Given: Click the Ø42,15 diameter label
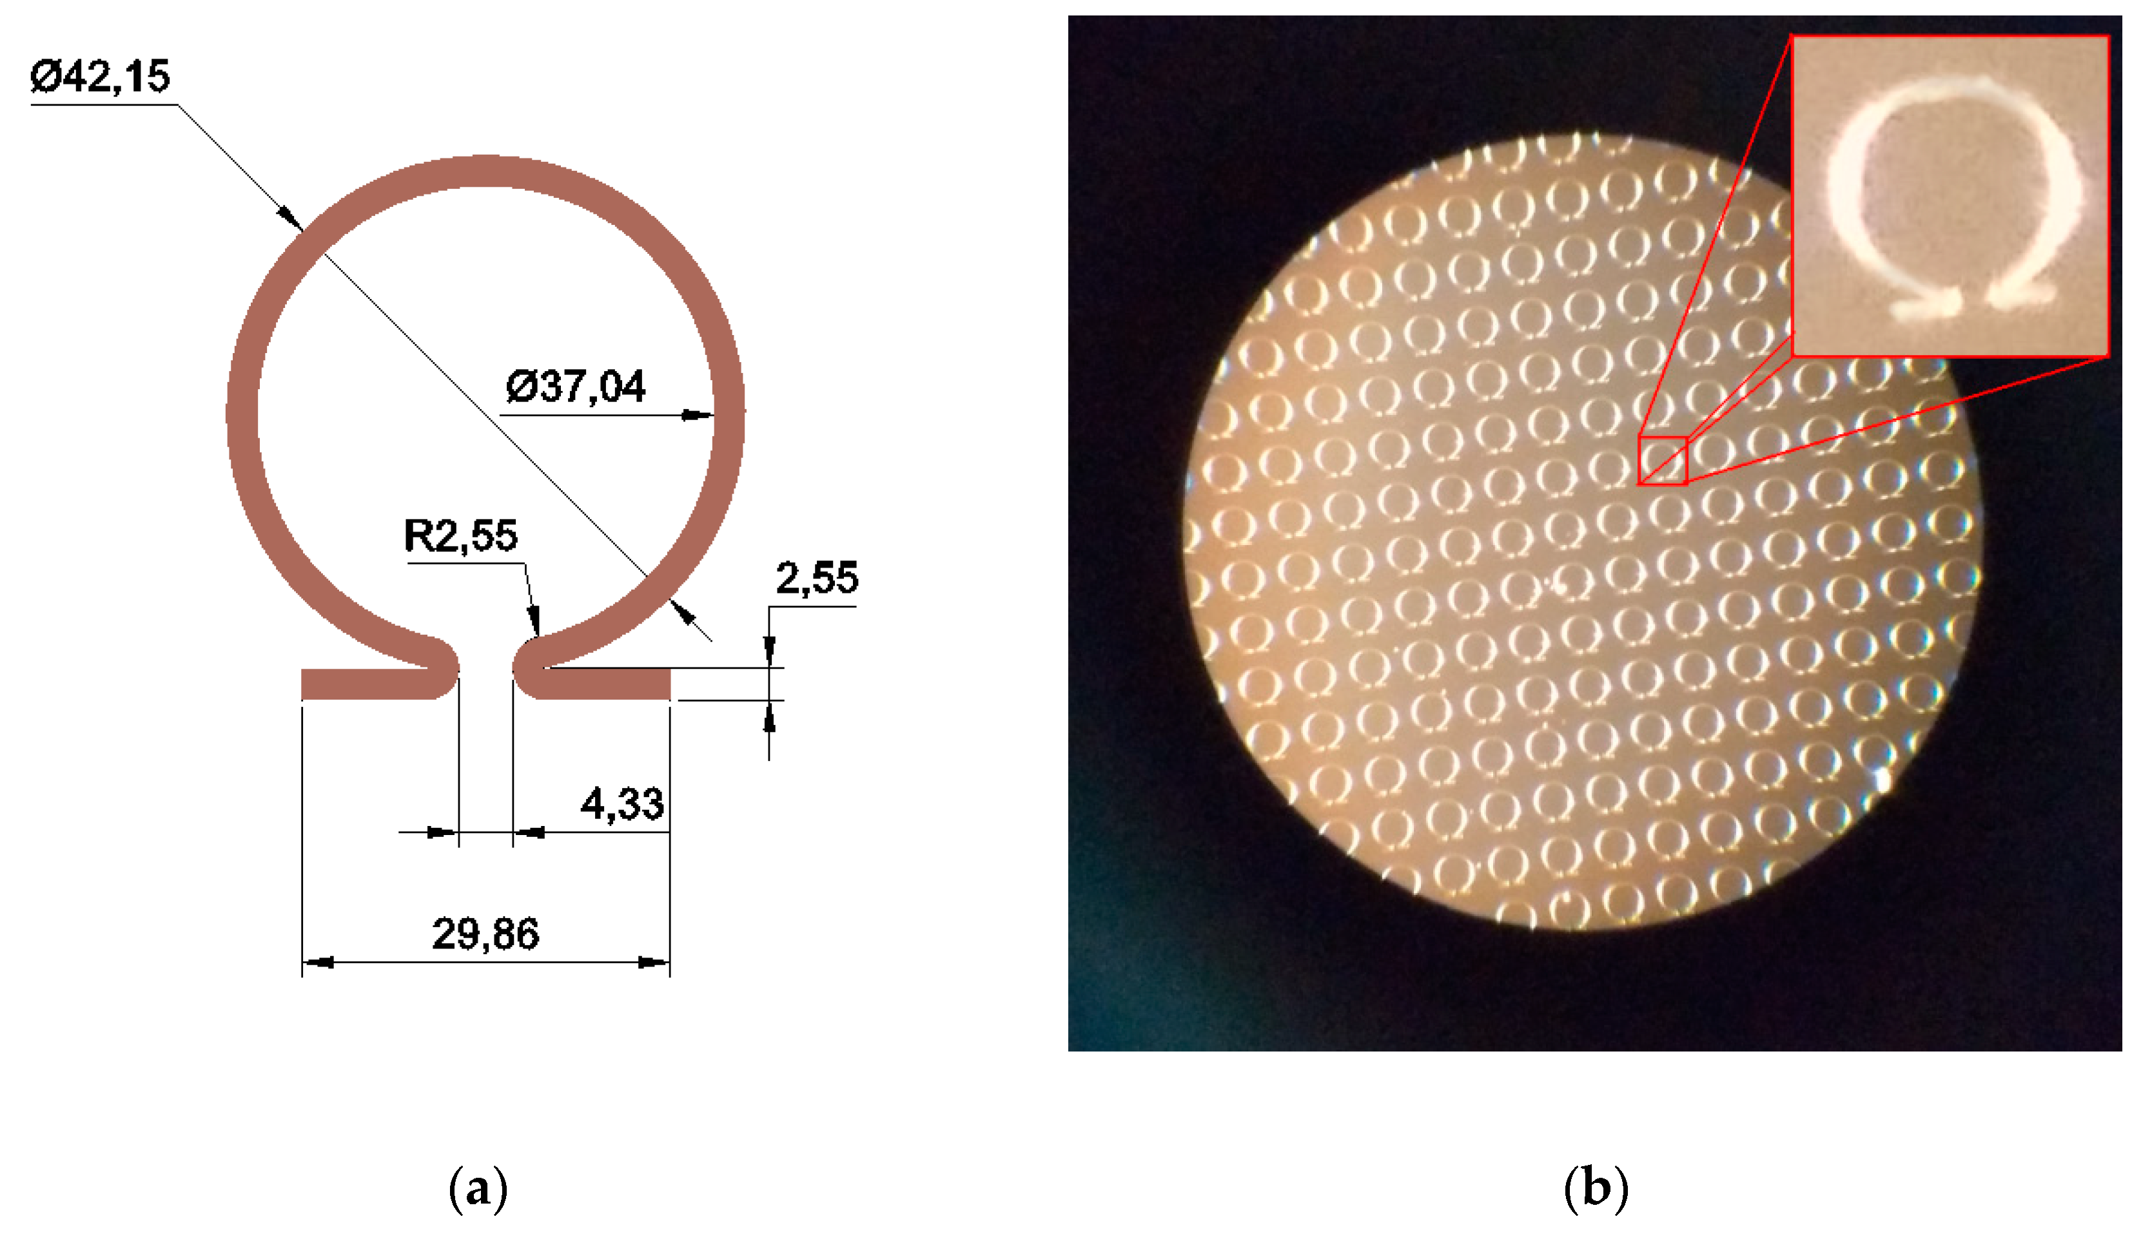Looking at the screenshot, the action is point(101,77).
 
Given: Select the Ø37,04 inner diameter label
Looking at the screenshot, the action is point(576,387).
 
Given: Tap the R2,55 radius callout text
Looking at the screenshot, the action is point(460,536).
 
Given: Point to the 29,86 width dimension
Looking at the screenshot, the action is point(485,934).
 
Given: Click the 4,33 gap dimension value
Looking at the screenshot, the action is point(621,804).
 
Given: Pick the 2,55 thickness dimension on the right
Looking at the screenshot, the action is point(816,579).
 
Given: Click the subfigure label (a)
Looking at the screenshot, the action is point(478,1189).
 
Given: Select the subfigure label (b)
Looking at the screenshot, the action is point(1596,1189).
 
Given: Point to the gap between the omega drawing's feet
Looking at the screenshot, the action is point(485,681).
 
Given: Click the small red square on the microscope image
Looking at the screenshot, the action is point(1663,461).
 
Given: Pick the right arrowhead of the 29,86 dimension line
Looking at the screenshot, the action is point(654,963).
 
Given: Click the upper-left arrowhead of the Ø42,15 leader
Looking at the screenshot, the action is point(291,218).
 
